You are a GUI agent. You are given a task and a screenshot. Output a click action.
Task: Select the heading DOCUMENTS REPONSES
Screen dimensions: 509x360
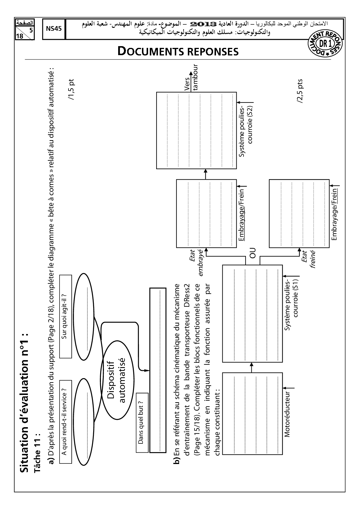[x=178, y=52]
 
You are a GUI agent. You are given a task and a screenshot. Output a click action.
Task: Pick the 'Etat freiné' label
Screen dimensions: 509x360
[x=308, y=260]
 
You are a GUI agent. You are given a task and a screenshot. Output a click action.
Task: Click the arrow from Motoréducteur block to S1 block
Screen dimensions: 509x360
[x=252, y=367]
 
